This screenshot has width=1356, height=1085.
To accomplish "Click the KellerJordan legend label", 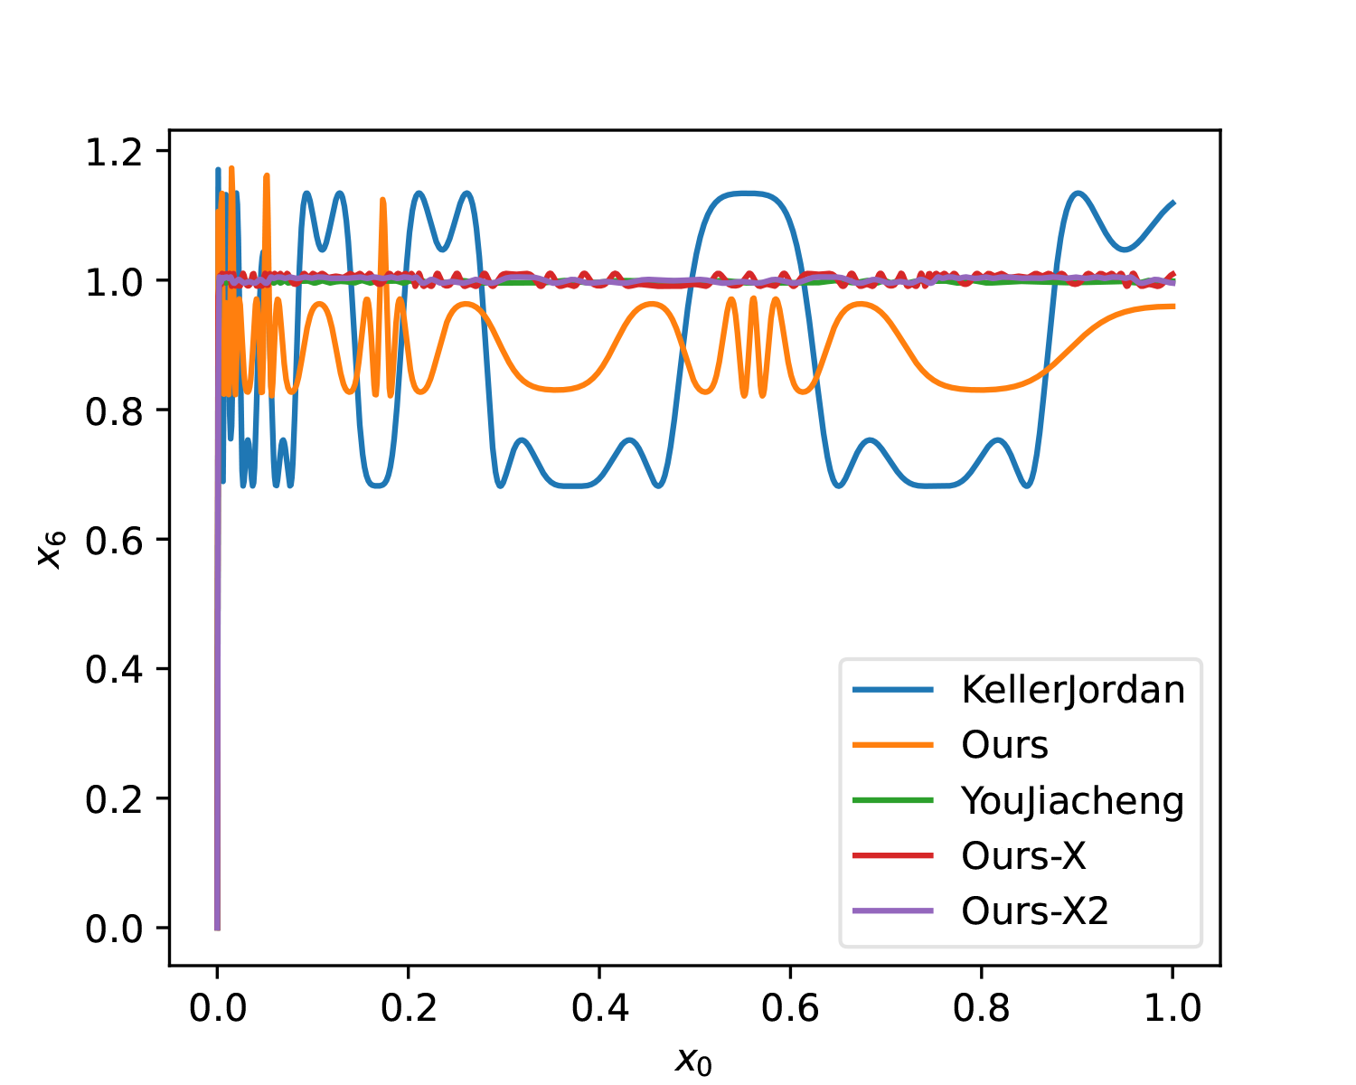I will coord(1073,690).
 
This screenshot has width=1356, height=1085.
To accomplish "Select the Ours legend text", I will coord(1004,745).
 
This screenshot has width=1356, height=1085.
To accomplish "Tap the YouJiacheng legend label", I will coord(1072,801).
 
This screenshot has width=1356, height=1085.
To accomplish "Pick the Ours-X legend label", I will coord(1023,855).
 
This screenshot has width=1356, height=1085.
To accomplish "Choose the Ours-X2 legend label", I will coord(1035,910).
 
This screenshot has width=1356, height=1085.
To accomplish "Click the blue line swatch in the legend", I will coord(893,690).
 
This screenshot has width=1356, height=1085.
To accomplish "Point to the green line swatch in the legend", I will coord(893,800).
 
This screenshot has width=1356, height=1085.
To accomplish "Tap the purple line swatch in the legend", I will coord(893,910).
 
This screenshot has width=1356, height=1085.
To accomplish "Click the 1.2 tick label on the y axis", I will coord(114,151).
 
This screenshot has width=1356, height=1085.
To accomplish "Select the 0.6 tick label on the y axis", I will coord(114,540).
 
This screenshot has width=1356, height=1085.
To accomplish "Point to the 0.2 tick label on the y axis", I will coord(114,799).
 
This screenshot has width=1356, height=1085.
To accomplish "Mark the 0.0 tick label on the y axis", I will coord(114,929).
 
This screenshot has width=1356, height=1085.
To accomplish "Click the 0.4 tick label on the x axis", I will coord(599,1008).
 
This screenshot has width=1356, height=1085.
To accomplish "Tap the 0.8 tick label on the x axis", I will coord(982,1008).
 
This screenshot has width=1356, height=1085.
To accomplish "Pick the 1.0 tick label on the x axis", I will coord(1172,1008).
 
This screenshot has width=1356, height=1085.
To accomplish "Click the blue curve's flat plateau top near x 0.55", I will coord(743,193).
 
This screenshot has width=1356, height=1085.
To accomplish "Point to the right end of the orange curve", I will coord(1173,307).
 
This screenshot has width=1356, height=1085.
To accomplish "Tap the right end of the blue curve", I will coord(1173,203).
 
